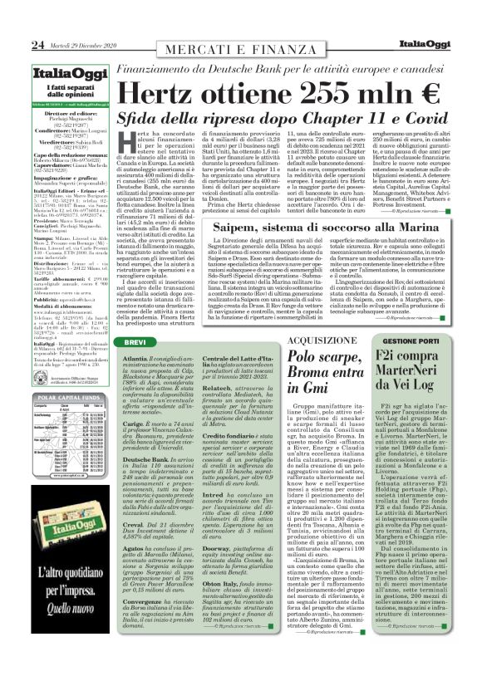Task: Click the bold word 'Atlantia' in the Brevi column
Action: pos(135,357)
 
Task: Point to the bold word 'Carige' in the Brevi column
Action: pos(133,422)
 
